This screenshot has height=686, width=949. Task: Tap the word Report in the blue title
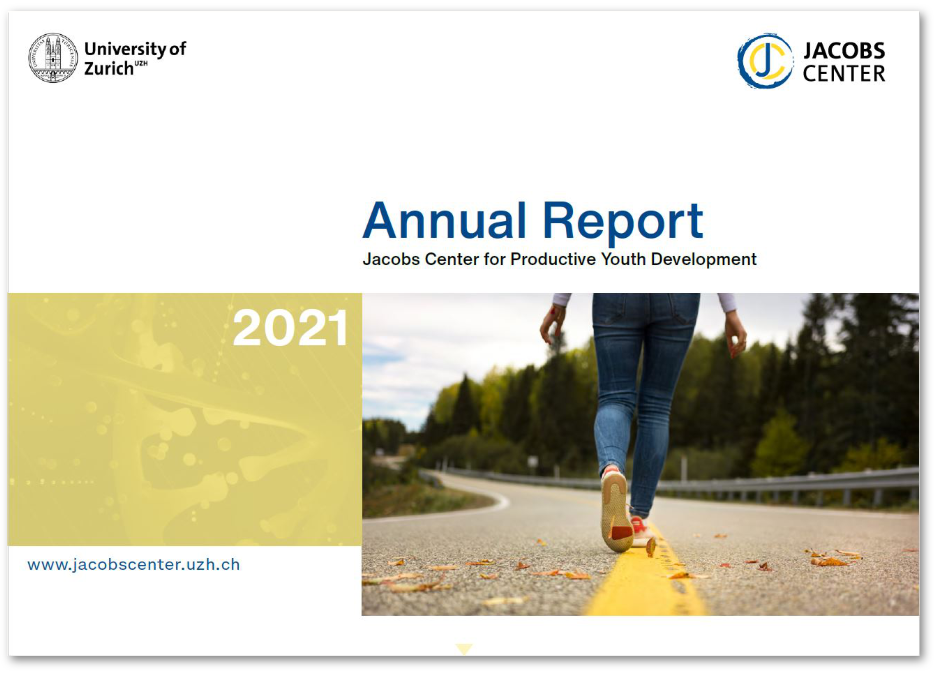623,223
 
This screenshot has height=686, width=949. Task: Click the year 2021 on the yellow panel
290,328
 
